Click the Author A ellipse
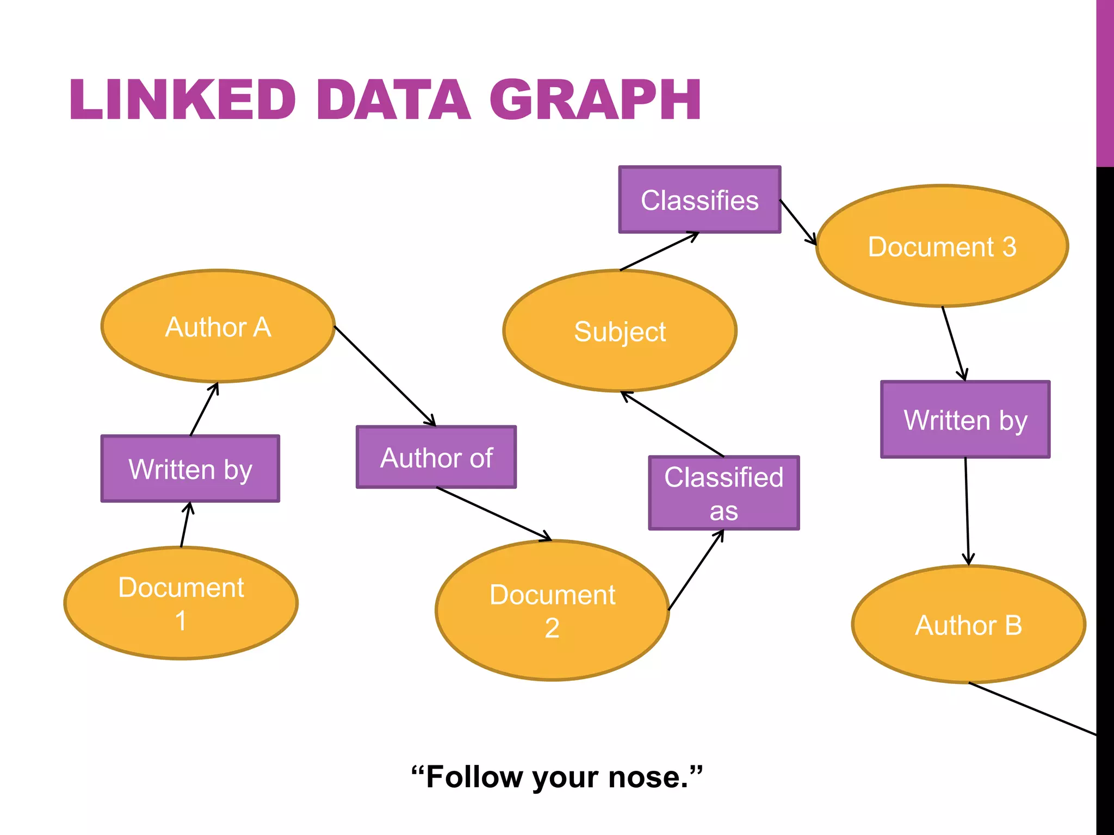[x=218, y=326]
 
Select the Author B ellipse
[x=968, y=625]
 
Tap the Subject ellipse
[x=620, y=331]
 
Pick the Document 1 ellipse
[x=181, y=603]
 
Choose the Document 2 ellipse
[x=552, y=610]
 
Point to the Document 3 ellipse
[x=942, y=246]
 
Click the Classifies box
[x=700, y=200]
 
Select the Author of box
[x=436, y=457]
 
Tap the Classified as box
[x=723, y=493]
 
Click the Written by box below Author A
[x=190, y=469]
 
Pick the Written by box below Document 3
[x=965, y=420]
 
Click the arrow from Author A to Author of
[x=385, y=376]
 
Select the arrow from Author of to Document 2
[x=493, y=514]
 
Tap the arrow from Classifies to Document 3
[x=798, y=222]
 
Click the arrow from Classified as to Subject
[x=672, y=424]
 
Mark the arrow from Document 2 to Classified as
[x=696, y=569]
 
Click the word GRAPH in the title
[x=595, y=100]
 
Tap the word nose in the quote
[x=647, y=777]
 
